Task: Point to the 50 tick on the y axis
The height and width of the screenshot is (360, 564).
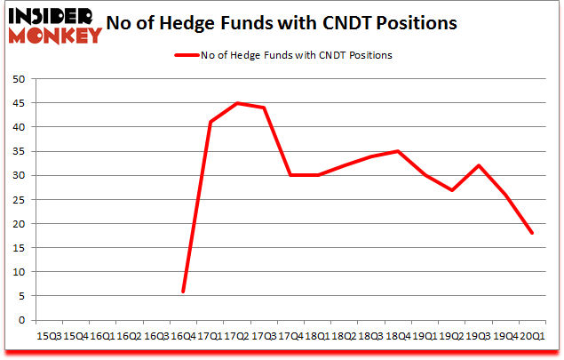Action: tap(18, 79)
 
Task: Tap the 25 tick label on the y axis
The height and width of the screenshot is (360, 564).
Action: tap(18, 200)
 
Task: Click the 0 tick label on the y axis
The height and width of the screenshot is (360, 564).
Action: tap(20, 321)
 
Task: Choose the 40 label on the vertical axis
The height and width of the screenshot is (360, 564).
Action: tap(18, 127)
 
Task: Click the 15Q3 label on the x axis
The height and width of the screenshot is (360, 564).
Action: tap(49, 336)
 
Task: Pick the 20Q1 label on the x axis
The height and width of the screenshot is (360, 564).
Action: tap(531, 336)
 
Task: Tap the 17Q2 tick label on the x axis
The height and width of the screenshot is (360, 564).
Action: tap(237, 336)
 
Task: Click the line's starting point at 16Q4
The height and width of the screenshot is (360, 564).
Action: tap(184, 292)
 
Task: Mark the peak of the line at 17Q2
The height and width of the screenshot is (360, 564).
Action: tap(237, 103)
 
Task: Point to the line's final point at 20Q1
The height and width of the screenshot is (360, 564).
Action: tap(531, 234)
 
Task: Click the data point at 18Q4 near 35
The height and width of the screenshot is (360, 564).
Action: tap(398, 151)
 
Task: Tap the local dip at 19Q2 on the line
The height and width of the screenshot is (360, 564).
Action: tap(451, 190)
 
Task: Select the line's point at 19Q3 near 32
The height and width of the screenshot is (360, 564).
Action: tap(478, 165)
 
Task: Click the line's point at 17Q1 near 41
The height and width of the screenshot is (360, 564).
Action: tap(211, 122)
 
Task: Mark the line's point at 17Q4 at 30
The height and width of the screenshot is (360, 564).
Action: tap(290, 175)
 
